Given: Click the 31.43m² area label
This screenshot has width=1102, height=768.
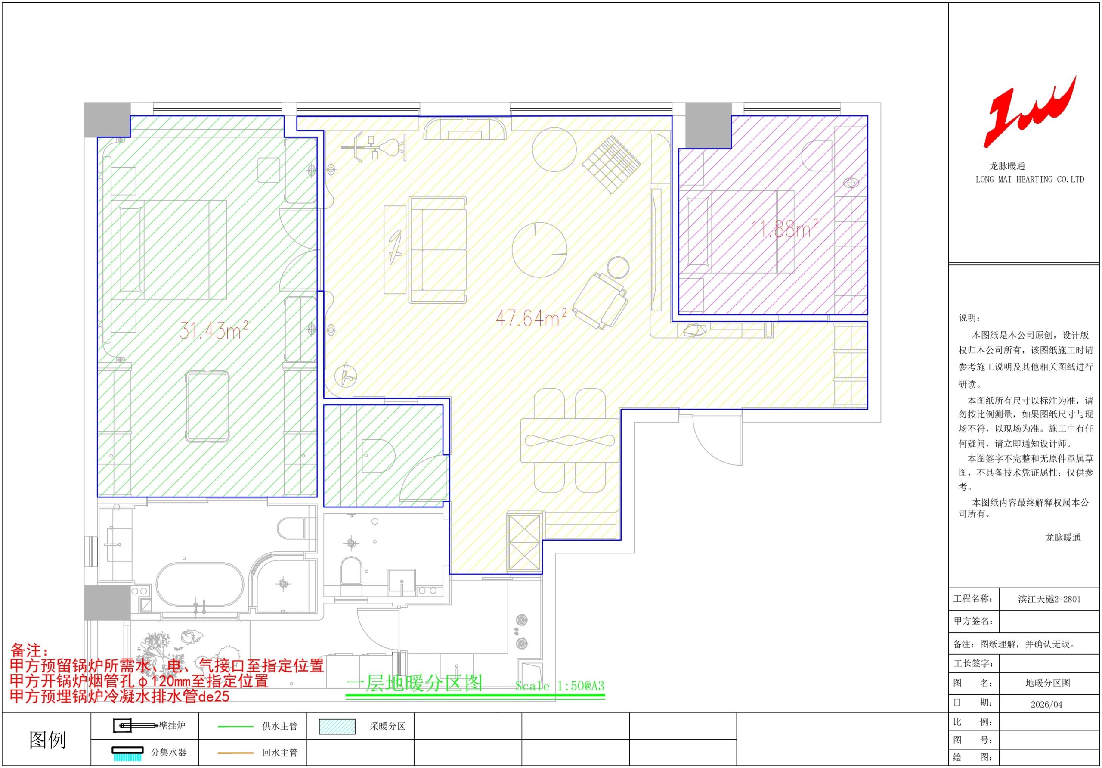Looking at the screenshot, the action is click(214, 330).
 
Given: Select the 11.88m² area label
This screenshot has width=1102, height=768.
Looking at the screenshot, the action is click(784, 229).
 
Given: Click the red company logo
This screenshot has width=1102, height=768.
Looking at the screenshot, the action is click(1029, 111).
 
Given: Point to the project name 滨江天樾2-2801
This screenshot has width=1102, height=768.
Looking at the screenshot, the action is click(1049, 599).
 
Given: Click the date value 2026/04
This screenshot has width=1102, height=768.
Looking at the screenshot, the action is click(1046, 705).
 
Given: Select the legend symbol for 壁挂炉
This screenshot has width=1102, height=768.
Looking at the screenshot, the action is click(135, 725).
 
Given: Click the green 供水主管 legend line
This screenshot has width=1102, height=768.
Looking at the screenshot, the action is click(235, 727).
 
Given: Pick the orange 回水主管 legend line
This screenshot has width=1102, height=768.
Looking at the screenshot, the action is click(235, 753).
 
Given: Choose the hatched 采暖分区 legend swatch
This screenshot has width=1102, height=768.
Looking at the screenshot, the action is click(337, 727).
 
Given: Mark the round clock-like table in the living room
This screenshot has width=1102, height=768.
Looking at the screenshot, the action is click(539, 249).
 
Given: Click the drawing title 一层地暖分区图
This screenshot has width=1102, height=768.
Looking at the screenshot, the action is click(414, 683).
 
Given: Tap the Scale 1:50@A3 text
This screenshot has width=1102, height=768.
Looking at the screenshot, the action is click(560, 686).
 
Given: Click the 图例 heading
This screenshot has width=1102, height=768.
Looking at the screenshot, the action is click(47, 740).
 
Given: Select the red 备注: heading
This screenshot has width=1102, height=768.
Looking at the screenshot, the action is click(30, 651).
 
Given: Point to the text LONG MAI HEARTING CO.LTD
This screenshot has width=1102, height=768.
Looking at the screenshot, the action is click(1030, 179).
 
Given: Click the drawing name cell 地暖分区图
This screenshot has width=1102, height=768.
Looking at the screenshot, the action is click(1048, 683).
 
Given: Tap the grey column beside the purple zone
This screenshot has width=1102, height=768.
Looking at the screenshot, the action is click(708, 125).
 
